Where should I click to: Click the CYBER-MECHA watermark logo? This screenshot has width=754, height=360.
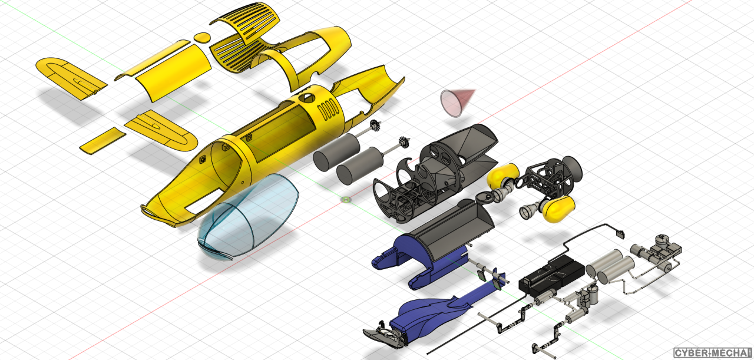pyautogui.click(x=713, y=352)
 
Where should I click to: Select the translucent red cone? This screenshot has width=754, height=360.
pyautogui.click(x=456, y=103)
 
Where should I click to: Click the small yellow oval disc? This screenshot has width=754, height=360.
pyautogui.click(x=202, y=37)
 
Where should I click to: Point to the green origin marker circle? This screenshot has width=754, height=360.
pyautogui.click(x=346, y=200)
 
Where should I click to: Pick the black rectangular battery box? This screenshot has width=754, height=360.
pyautogui.click(x=551, y=276)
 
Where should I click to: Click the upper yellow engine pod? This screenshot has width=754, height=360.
pyautogui.click(x=503, y=176)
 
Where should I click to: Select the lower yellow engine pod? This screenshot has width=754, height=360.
pyautogui.click(x=558, y=209)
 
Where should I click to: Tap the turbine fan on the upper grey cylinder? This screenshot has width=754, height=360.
pyautogui.click(x=376, y=125)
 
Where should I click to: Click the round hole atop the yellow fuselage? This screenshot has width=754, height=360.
pyautogui.click(x=307, y=98)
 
